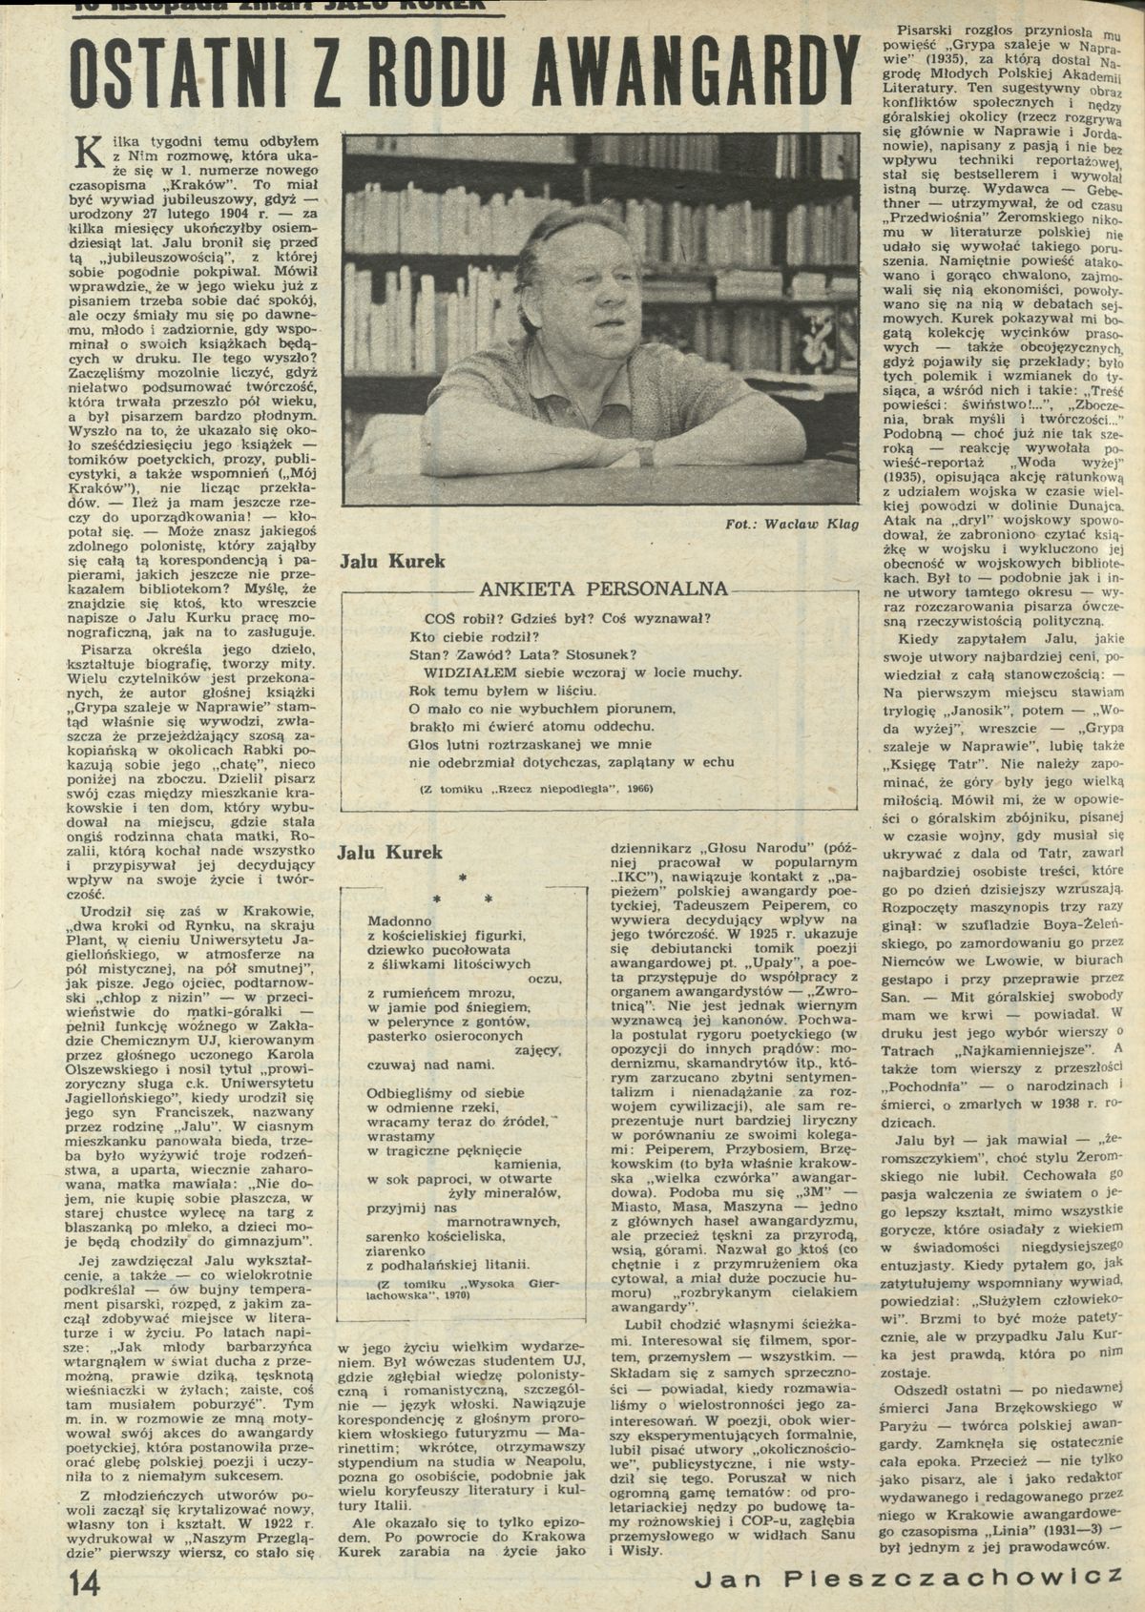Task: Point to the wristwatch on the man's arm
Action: (646, 457)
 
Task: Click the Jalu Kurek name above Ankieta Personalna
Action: (392, 562)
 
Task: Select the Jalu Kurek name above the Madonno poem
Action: (392, 852)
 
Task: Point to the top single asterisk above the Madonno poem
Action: (461, 876)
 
